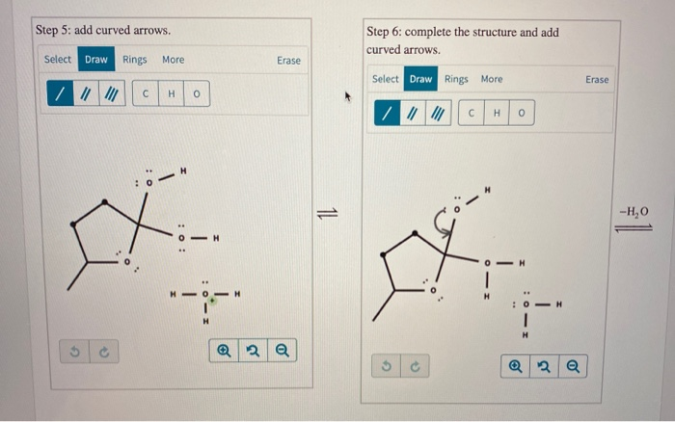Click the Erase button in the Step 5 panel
tap(288, 60)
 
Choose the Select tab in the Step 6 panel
tap(385, 79)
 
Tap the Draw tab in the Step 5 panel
tap(96, 60)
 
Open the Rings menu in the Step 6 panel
tap(457, 79)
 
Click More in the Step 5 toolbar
tap(173, 60)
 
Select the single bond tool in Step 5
tap(60, 94)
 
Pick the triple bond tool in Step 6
tap(440, 114)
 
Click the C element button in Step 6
tap(471, 114)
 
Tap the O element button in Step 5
tap(196, 94)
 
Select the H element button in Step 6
tap(496, 114)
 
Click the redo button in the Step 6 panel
tap(414, 366)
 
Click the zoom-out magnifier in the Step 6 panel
tap(573, 366)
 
